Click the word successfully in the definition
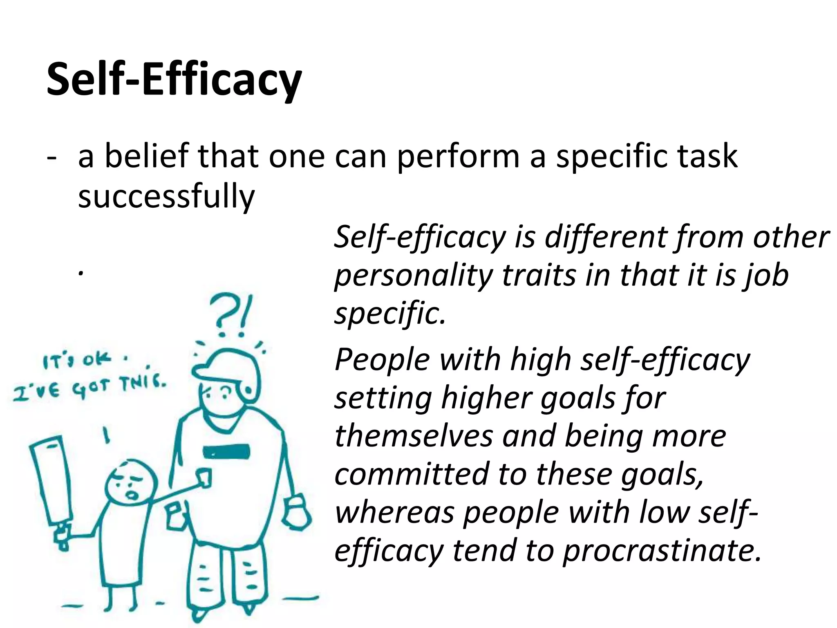tap(166, 196)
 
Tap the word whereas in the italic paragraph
tap(394, 513)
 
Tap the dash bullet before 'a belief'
tap(52, 157)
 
